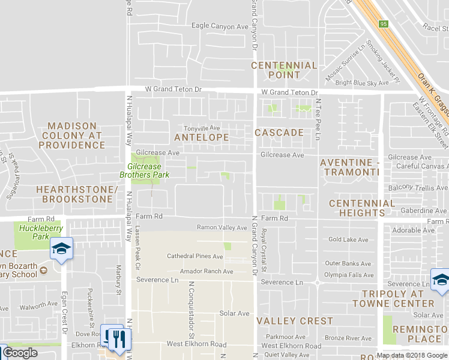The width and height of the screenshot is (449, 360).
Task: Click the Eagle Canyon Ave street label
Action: (x=220, y=26)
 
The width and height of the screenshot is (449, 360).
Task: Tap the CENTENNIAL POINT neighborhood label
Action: (x=284, y=70)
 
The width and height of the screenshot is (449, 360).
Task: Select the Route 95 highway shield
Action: (x=383, y=23)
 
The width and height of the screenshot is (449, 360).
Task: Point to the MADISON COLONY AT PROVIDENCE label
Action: (x=72, y=135)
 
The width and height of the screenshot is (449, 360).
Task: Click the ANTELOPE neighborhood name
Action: (x=201, y=137)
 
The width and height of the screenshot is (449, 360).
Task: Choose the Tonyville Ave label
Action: (x=202, y=128)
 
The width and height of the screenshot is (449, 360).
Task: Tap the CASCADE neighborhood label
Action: (x=279, y=132)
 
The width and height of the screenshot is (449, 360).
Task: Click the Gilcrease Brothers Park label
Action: (x=148, y=170)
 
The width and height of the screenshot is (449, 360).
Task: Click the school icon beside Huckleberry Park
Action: (x=61, y=249)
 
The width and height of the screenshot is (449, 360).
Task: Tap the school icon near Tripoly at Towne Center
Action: (x=441, y=280)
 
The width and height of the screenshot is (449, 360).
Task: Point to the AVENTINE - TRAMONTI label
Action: (x=351, y=167)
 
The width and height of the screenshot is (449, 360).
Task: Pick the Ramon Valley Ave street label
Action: (x=222, y=227)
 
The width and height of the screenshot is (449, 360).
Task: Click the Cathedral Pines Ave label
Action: (x=194, y=256)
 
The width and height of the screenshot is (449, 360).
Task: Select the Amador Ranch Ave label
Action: (x=202, y=271)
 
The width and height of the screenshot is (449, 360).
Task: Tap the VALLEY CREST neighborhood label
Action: (x=295, y=321)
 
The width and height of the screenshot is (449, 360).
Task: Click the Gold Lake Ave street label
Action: (x=348, y=239)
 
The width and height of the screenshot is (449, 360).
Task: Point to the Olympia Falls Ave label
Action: (x=349, y=275)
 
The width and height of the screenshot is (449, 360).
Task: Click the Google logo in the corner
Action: (x=20, y=353)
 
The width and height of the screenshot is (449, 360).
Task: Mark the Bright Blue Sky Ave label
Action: (x=362, y=83)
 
